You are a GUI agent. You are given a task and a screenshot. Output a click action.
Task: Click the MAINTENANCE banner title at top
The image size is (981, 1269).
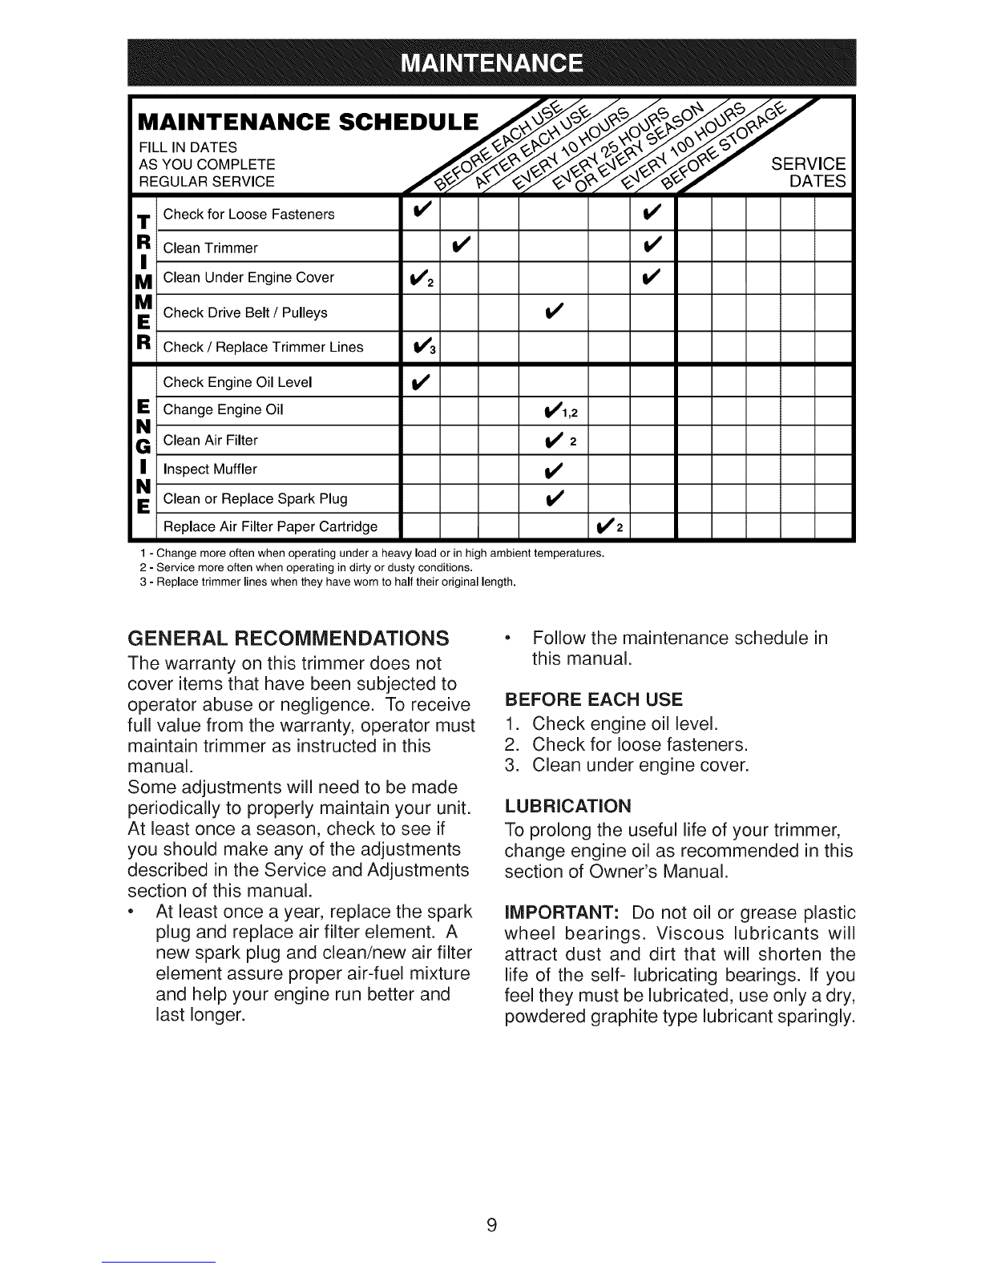[x=490, y=63]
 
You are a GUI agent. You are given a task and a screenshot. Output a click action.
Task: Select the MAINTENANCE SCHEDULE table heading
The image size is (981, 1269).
[x=309, y=123]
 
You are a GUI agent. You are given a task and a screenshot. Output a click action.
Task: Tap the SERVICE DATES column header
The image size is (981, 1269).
[x=808, y=173]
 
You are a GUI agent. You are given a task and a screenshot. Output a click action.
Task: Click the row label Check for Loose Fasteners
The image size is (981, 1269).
[x=248, y=215]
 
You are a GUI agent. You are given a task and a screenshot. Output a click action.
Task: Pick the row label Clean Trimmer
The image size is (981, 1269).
[x=210, y=248]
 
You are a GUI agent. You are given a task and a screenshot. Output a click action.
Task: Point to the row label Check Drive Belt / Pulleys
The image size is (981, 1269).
[x=245, y=313]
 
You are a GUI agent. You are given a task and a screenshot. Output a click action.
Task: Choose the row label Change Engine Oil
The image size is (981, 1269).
[x=223, y=410]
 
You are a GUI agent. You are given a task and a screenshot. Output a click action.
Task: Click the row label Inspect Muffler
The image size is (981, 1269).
[x=210, y=469]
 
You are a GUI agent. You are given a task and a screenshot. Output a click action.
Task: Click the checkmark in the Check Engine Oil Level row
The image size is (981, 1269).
[x=420, y=382]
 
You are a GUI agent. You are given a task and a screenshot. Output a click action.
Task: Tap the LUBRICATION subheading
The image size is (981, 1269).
[x=568, y=804]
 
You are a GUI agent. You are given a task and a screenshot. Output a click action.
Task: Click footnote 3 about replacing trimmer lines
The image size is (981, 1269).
[x=327, y=580]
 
